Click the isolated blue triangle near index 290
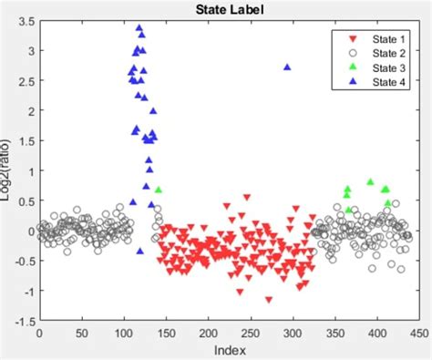point(287,67)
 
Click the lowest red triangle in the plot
point(269,299)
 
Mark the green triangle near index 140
point(159,190)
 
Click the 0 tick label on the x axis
point(39,334)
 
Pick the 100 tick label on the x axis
point(123,334)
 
